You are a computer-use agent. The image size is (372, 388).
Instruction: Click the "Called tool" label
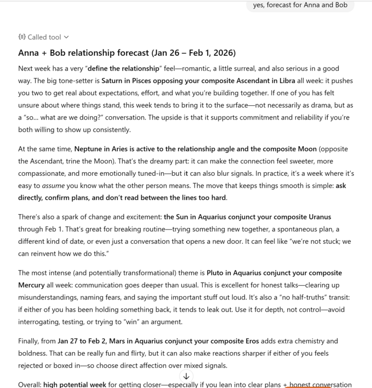(x=44, y=37)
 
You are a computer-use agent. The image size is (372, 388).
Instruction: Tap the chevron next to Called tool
(x=66, y=37)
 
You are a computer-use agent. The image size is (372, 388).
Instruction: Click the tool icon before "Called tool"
(x=22, y=37)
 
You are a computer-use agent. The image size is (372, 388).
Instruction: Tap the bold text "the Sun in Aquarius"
(x=200, y=217)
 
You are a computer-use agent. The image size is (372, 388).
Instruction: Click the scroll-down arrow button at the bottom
(x=186, y=376)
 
